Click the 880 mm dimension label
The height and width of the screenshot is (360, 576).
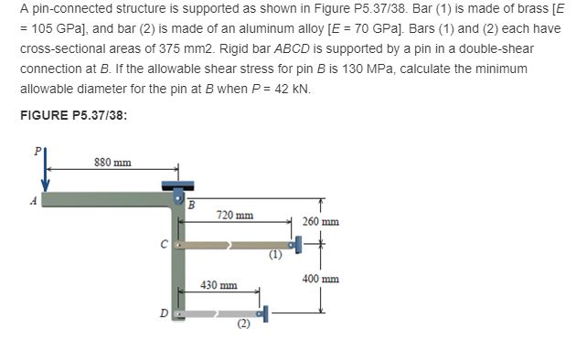tap(112, 163)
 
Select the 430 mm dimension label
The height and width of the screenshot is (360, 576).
tap(219, 285)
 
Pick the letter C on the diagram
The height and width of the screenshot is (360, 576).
tap(162, 245)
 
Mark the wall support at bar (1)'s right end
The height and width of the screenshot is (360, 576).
tap(295, 244)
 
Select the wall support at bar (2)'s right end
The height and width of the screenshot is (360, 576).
tap(263, 313)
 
